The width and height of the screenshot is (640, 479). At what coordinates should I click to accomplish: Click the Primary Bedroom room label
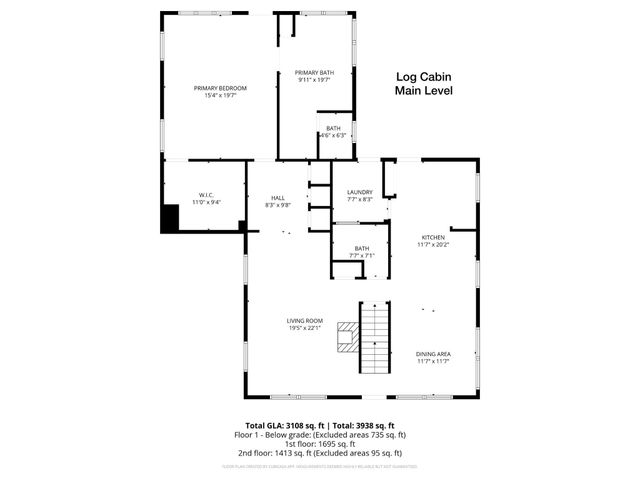(220, 89)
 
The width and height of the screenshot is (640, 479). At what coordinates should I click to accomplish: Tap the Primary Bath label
(313, 73)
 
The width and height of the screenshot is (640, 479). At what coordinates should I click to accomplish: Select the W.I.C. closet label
(208, 194)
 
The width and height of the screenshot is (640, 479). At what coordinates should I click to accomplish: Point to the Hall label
(279, 197)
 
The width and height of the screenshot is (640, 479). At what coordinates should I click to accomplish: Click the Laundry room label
(360, 192)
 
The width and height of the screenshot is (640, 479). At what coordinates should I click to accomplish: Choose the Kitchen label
(433, 236)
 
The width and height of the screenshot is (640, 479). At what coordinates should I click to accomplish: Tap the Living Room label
(306, 320)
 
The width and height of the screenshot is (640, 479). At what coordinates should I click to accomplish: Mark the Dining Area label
(433, 353)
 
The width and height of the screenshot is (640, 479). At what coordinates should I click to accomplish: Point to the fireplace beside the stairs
(346, 337)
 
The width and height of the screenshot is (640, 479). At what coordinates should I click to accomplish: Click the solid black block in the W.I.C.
(170, 219)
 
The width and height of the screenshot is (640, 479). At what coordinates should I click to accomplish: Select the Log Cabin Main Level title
(424, 83)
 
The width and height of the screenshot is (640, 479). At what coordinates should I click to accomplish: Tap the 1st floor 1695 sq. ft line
(319, 444)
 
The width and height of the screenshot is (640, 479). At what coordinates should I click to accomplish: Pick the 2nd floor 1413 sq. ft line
(319, 453)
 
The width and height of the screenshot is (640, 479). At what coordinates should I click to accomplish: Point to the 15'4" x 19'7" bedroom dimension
(220, 96)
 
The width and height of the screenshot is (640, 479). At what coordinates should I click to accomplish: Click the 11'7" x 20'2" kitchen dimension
(433, 243)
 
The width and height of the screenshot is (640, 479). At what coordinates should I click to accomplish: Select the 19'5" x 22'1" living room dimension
(306, 327)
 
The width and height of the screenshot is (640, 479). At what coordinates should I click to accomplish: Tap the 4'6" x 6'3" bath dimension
(333, 135)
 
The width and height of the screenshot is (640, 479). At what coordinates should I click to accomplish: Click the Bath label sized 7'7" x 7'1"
(362, 249)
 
